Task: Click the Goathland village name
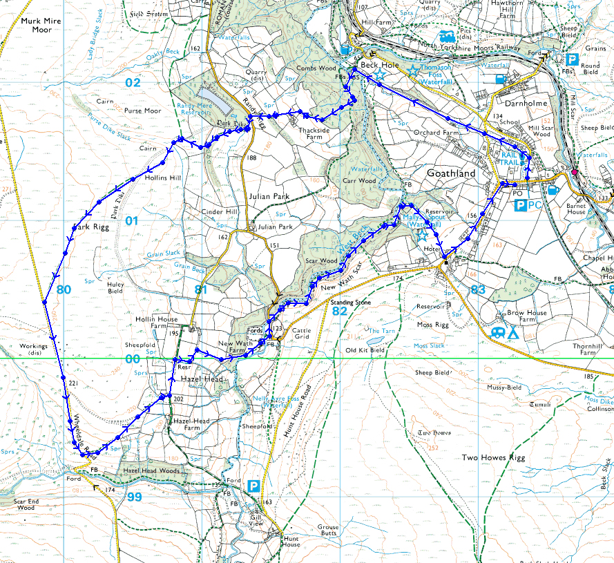coord(451,173)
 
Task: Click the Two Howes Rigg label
coord(494,458)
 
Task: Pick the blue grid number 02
coord(133,82)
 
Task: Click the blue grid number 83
coord(478,290)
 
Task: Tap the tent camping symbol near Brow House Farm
coord(513,333)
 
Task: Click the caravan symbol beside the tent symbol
coord(497,333)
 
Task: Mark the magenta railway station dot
coord(574,171)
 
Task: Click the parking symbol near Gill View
coord(254,486)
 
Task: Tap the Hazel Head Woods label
coord(151,470)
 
